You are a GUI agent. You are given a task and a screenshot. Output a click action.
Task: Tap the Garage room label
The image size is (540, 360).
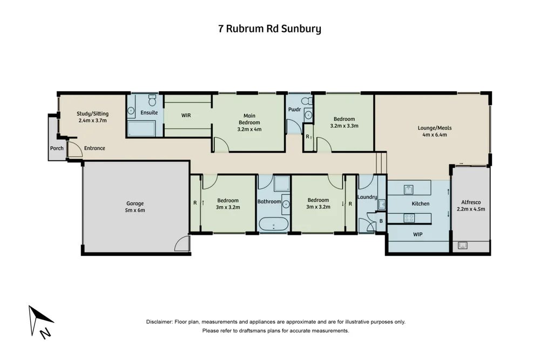pos(135,203)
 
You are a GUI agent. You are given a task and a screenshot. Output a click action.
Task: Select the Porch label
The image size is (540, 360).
pos(57,148)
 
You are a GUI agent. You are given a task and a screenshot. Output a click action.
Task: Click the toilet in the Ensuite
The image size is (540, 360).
pos(152,101)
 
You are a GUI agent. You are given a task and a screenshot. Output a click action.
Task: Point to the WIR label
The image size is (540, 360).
pos(186,116)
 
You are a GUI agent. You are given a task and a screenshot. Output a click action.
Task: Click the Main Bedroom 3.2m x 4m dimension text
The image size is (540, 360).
pos(249,129)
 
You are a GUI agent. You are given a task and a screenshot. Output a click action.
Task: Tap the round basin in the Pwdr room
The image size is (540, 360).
pos(308,114)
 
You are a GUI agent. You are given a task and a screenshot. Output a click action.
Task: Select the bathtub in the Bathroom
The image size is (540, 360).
pos(273,223)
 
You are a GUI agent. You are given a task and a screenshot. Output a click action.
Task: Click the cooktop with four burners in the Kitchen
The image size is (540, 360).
pos(409,218)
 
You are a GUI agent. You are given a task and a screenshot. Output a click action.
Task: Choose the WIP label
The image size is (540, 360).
pos(417,235)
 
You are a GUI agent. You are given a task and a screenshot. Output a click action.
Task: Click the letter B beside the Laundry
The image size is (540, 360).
pos(381,221)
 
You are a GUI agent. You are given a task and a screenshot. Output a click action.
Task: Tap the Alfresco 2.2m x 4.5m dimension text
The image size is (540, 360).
pos(471,209)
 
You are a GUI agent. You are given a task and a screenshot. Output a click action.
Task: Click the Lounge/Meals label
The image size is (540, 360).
pos(435,128)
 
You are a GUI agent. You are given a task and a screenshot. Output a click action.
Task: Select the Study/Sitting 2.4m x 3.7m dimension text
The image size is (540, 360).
pos(93,121)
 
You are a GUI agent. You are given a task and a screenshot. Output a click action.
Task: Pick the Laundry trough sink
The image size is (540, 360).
pos(381,204)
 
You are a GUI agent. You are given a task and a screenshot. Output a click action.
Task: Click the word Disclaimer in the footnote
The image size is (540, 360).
pos(159,322)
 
